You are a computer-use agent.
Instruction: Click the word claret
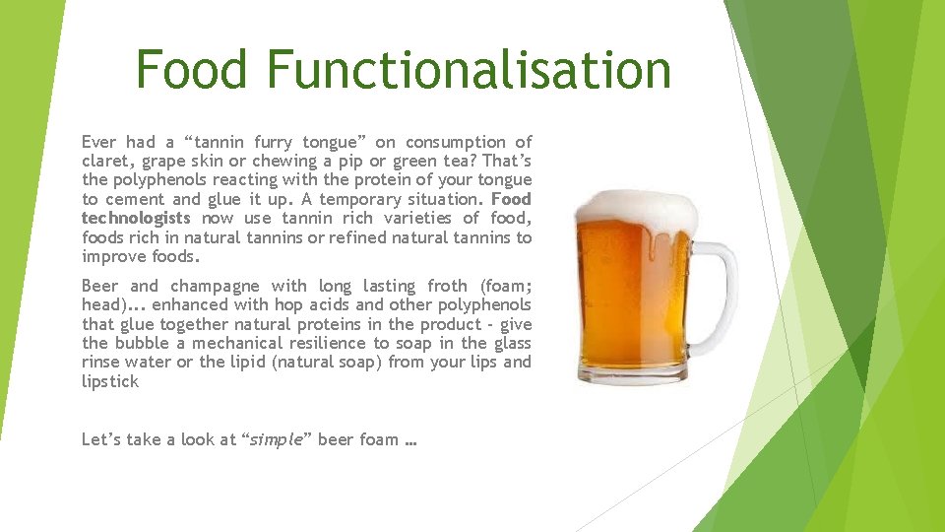(106, 162)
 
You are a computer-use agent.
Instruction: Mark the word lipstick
(109, 381)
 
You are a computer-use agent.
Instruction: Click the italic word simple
(277, 439)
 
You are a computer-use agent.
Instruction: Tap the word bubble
(142, 343)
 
